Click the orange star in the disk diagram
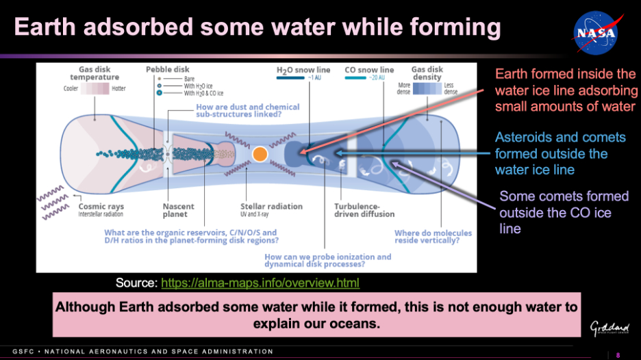tap(260, 154)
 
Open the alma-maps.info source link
tap(260, 283)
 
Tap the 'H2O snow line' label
tap(303, 70)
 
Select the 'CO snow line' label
tap(369, 70)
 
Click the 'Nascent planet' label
tap(178, 210)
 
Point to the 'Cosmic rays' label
tap(101, 207)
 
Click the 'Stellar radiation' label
tap(271, 207)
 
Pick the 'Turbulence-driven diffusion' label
tap(364, 210)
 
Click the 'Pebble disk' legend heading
tap(168, 69)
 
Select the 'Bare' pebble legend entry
tap(189, 79)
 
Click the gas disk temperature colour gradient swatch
tap(95, 88)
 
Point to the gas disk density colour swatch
tap(427, 88)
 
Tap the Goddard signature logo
tap(609, 328)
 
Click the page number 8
tap(618, 355)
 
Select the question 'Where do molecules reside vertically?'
tap(433, 237)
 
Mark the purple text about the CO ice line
tap(564, 212)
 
